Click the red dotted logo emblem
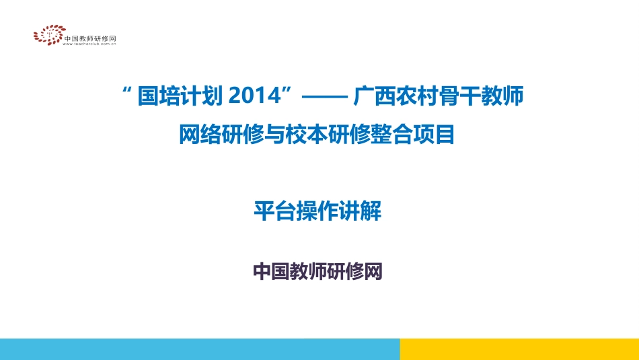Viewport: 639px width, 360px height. (48, 35)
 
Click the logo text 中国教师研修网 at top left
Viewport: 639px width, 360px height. (90, 38)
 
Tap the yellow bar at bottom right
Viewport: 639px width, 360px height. (519, 349)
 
